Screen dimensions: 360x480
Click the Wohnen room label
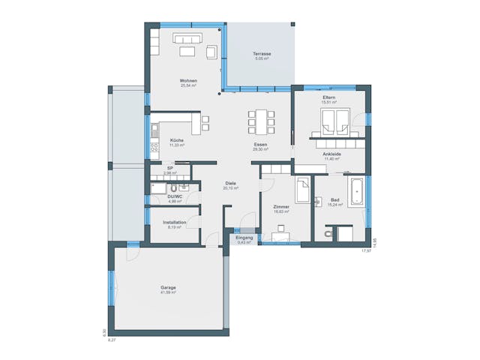[x=188, y=80]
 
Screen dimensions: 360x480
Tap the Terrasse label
[x=261, y=54]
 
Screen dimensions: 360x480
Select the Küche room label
[x=177, y=140]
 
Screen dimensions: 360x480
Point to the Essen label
[x=261, y=144]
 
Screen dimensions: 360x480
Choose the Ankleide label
[x=331, y=154]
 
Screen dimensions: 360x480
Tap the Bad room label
[x=335, y=199]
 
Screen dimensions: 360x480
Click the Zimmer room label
[x=281, y=206]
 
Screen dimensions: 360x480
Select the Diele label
[x=231, y=183]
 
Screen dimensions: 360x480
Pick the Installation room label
[x=174, y=222]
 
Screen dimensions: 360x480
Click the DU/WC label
[x=175, y=196]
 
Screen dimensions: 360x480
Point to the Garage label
[x=168, y=288]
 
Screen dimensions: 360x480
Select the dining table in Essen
[x=261, y=120]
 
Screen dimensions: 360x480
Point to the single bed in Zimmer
[x=302, y=190]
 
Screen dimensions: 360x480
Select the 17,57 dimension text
[x=366, y=250]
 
